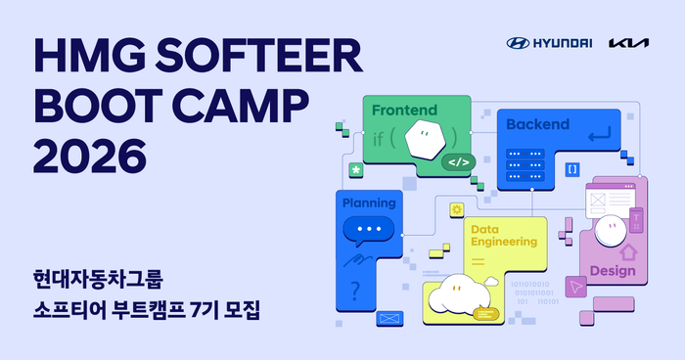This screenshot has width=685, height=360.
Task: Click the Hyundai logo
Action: pyautogui.click(x=549, y=43)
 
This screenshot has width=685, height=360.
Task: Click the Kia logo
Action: pyautogui.click(x=627, y=43)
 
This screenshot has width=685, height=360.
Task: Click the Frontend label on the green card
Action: pyautogui.click(x=404, y=110)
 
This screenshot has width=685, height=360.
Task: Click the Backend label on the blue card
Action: pyautogui.click(x=537, y=124)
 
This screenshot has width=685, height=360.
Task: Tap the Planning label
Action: pyautogui.click(x=369, y=203)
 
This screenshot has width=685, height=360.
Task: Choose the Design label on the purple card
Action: pyautogui.click(x=613, y=271)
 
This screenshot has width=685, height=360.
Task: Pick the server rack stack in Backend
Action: pyautogui.click(x=525, y=169)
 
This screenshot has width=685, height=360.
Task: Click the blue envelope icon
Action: pyautogui.click(x=390, y=318)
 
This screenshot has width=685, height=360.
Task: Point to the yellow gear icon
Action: pyautogui.click(x=456, y=210)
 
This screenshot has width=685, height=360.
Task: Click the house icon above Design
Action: pyautogui.click(x=626, y=250)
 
